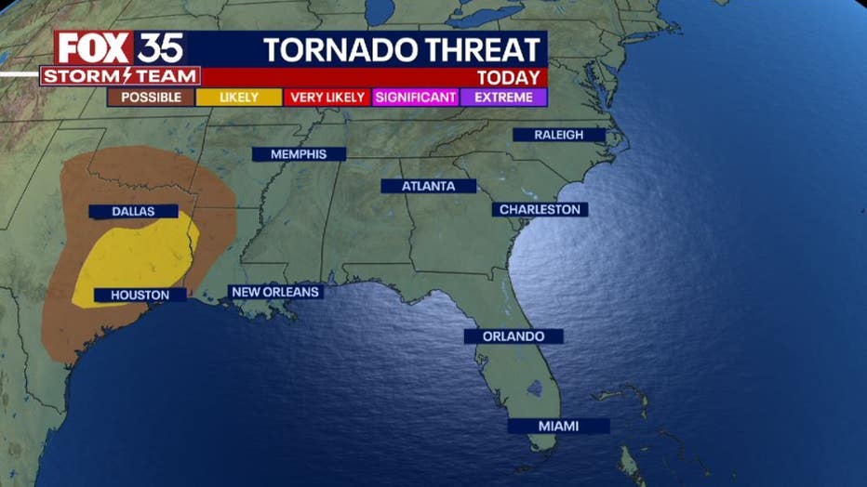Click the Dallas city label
click(x=134, y=211)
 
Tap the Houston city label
click(x=140, y=295)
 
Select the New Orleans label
click(x=275, y=292)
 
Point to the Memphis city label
click(x=299, y=154)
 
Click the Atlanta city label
click(x=428, y=186)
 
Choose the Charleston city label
click(x=540, y=209)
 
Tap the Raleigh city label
click(x=558, y=135)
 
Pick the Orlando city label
click(x=514, y=336)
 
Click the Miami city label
click(x=558, y=426)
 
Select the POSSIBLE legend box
click(x=151, y=97)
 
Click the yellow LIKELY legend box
click(x=239, y=97)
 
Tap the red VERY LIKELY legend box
click(x=327, y=97)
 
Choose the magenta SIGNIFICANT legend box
click(x=416, y=97)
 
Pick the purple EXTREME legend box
click(x=503, y=97)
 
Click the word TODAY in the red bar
click(x=508, y=77)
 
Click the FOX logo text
click(x=94, y=48)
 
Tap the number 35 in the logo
click(x=161, y=48)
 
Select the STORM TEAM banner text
click(x=120, y=76)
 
